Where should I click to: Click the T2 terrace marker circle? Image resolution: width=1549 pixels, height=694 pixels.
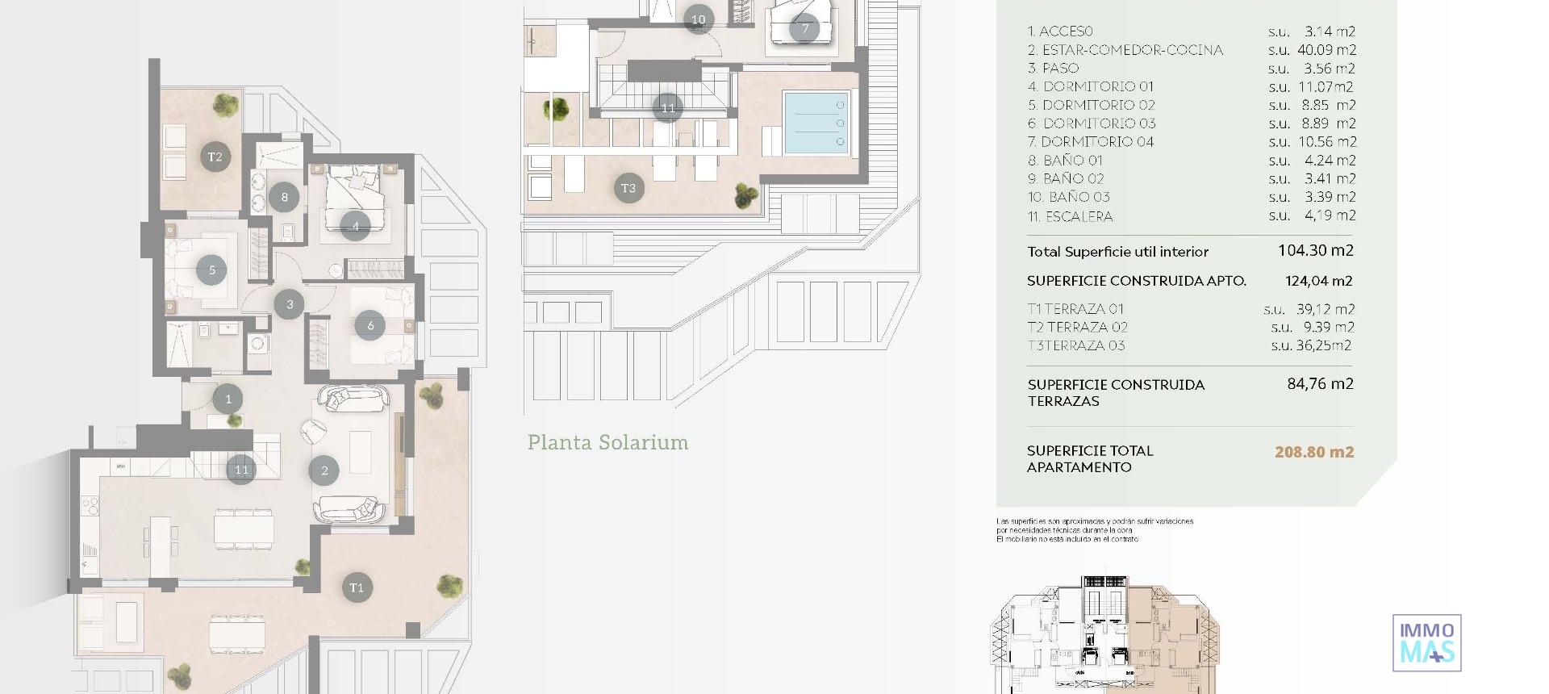tap(215, 157)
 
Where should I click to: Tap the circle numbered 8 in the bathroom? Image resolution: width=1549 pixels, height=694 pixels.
tap(284, 197)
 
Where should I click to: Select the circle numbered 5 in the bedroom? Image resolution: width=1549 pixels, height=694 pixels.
tap(212, 270)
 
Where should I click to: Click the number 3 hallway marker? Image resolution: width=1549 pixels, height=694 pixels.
tap(290, 304)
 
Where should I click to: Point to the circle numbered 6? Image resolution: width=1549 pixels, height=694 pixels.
tap(370, 325)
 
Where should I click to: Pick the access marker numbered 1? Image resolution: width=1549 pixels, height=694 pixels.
tap(228, 399)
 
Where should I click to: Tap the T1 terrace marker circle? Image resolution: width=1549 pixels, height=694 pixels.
tap(357, 587)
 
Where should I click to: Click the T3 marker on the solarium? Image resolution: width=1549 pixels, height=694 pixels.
tap(628, 188)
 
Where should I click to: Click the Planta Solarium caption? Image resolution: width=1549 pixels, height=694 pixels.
tap(607, 442)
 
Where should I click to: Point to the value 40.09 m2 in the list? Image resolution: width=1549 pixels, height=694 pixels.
tap(1326, 50)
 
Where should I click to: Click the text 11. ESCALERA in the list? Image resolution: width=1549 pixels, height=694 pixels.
tap(1070, 216)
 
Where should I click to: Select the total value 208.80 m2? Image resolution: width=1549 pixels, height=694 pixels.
tap(1314, 452)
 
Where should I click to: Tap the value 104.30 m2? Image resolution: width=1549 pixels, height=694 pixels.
tap(1316, 251)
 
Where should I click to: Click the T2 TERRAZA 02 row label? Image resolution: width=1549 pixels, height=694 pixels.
tap(1077, 327)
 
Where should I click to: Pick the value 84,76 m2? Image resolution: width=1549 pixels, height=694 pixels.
tap(1320, 384)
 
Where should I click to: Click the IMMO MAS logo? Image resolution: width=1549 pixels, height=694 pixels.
tap(1426, 643)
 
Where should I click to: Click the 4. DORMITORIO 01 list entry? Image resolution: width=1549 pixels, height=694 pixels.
tap(1091, 86)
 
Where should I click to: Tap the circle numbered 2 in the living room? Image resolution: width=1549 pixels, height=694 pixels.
tap(324, 470)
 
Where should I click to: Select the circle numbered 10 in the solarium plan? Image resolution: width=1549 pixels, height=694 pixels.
tap(698, 19)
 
